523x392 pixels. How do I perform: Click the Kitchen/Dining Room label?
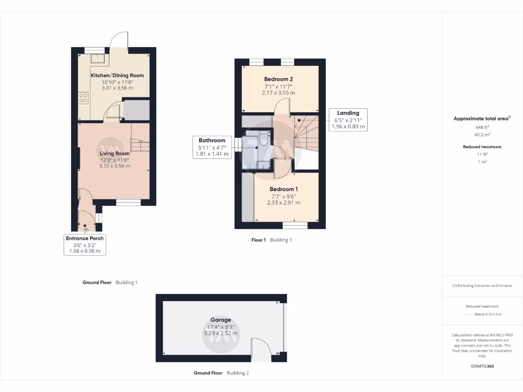pos(117,76)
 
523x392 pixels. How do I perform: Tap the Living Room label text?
pos(114,153)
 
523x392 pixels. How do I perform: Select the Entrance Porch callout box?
pos(84,244)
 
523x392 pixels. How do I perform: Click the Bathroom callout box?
pos(211,147)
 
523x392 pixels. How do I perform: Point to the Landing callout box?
pos(348,119)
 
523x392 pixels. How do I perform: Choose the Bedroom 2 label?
pos(278,79)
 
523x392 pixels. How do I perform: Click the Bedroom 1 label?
pos(283,189)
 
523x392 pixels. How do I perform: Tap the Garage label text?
pos(221,320)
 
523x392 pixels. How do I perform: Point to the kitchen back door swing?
pos(120,40)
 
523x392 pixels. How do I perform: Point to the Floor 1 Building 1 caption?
pos(271,240)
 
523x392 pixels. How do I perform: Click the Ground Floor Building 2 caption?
pos(221,373)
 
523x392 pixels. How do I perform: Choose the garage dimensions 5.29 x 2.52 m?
pos(221,333)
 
